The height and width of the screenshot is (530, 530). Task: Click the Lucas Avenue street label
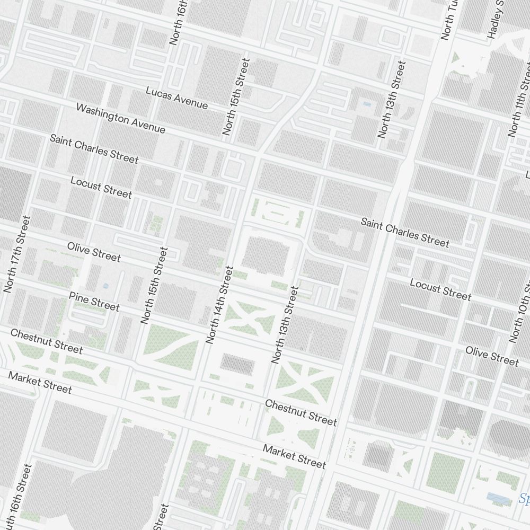pyautogui.click(x=176, y=98)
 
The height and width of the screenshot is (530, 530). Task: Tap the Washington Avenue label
pyautogui.click(x=121, y=118)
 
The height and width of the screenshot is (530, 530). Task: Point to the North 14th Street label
pyautogui.click(x=220, y=305)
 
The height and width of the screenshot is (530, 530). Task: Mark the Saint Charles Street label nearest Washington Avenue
pyautogui.click(x=94, y=149)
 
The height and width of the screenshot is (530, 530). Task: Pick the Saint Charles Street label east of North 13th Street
pyautogui.click(x=405, y=232)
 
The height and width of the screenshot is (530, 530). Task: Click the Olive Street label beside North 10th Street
pyautogui.click(x=492, y=356)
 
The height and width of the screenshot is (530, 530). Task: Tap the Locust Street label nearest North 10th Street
pyautogui.click(x=440, y=289)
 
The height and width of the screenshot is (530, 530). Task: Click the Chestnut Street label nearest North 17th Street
pyautogui.click(x=47, y=341)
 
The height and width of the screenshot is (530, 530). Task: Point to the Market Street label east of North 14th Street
pyautogui.click(x=294, y=457)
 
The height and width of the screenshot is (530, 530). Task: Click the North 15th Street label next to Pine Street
pyautogui.click(x=154, y=285)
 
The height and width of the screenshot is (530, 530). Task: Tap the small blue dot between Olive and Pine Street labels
pyautogui.click(x=105, y=286)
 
